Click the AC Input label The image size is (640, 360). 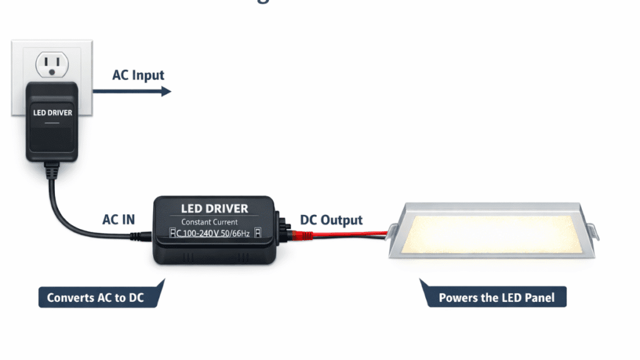coord(138,76)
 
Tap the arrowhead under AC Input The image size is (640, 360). coord(166,91)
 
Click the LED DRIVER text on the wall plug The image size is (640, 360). coord(52,113)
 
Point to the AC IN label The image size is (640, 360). coord(118,220)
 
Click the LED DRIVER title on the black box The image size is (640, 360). coord(214,208)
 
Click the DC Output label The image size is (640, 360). coord(331,220)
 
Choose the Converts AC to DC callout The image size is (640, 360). coord(96,297)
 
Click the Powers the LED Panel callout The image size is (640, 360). coord(496,297)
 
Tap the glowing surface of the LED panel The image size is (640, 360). coord(491,231)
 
